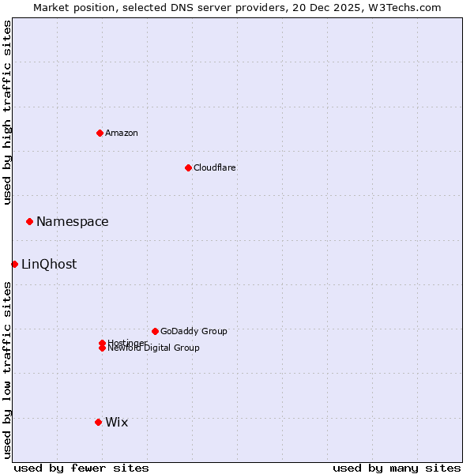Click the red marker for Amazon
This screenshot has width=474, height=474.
[x=100, y=133]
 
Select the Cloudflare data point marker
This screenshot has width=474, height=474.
[x=188, y=167]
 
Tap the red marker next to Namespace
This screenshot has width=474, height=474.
[x=29, y=221]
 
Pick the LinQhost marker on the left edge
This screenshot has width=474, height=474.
[x=14, y=264]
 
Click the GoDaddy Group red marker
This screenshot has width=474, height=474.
[x=155, y=331]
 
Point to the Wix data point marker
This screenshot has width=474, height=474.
[x=98, y=422]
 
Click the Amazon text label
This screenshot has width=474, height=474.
[x=122, y=133]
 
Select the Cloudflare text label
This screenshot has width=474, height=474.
[x=215, y=167]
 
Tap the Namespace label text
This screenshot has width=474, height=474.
[x=73, y=222]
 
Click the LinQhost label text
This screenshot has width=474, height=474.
[x=49, y=265]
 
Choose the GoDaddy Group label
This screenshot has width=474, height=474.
[x=194, y=331]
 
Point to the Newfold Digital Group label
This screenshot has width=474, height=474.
[x=154, y=348]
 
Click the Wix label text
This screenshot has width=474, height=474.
[x=117, y=423]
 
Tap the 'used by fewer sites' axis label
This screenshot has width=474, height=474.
[x=81, y=468]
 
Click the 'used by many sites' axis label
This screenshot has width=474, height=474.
[x=397, y=468]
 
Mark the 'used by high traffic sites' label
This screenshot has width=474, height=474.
[x=7, y=112]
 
